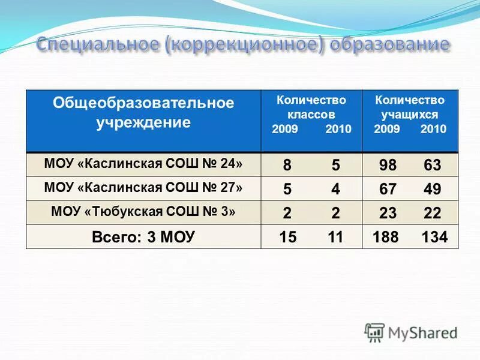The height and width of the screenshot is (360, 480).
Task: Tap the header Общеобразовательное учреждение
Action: pyautogui.click(x=143, y=113)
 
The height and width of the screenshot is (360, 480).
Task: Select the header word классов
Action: pyautogui.click(x=311, y=114)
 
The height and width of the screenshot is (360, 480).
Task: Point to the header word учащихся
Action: pyautogui.click(x=410, y=114)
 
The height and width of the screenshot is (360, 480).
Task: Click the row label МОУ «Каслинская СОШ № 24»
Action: pyautogui.click(x=144, y=163)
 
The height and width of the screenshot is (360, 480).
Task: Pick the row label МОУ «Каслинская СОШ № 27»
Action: pyautogui.click(x=144, y=188)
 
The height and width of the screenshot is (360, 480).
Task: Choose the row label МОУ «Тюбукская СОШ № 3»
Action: pyautogui.click(x=144, y=212)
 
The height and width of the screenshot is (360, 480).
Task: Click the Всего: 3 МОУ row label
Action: pyautogui.click(x=143, y=236)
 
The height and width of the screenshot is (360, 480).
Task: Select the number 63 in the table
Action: pyautogui.click(x=432, y=165)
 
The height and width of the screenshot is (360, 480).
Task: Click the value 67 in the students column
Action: pyautogui.click(x=388, y=189)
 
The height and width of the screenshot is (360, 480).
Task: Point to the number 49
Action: pyautogui.click(x=432, y=189)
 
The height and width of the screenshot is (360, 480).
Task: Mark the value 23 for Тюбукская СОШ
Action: pyautogui.click(x=388, y=213)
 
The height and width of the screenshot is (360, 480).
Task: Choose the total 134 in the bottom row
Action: pyautogui.click(x=434, y=237)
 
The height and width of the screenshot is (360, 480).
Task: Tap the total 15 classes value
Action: pyautogui.click(x=288, y=237)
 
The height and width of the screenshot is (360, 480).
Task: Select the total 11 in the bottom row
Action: pyautogui.click(x=335, y=237)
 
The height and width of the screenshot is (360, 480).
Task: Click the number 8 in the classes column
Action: pyautogui.click(x=288, y=165)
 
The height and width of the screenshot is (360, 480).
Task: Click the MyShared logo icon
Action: pyautogui.click(x=375, y=331)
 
